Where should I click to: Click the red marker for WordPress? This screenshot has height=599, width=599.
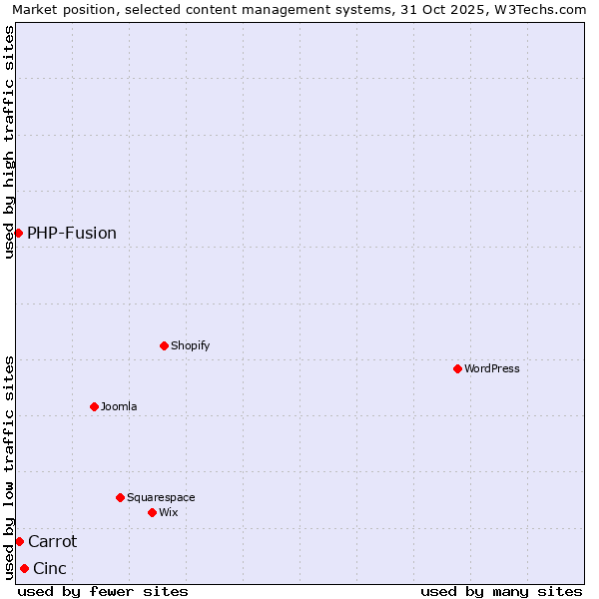point(457,368)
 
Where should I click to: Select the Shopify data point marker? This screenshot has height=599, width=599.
point(164,345)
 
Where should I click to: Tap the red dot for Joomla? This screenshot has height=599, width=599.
point(94,406)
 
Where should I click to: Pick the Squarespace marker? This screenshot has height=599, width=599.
point(120,497)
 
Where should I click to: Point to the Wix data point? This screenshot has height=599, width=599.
point(152,512)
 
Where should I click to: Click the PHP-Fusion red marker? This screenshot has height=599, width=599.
point(18,233)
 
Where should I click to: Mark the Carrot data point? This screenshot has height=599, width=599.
point(19,541)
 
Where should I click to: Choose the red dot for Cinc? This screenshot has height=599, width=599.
point(24,568)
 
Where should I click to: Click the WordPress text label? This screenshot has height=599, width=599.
point(492,368)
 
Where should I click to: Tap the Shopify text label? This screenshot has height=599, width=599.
point(190,345)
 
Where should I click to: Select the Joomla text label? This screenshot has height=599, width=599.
point(119,406)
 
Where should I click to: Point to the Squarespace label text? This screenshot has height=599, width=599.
point(161,497)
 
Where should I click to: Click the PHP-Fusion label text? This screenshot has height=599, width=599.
point(72,233)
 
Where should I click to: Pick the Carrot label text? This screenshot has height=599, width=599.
point(52,541)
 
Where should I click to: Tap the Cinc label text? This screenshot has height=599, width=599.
point(50,568)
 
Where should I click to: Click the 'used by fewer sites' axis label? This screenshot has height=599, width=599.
point(103,591)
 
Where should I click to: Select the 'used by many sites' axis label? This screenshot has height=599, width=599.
point(501,591)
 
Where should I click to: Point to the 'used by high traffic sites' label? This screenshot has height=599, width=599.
point(9,142)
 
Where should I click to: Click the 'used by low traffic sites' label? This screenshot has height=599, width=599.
point(9,467)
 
